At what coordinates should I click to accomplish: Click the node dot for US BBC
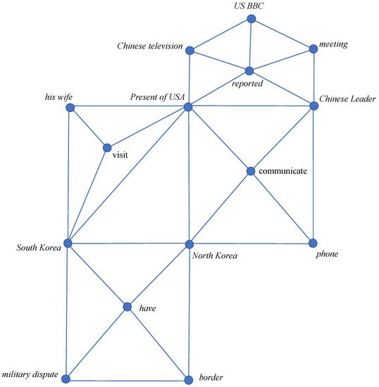(x=251, y=19)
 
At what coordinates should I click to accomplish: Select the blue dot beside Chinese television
(x=189, y=49)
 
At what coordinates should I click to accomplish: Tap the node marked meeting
(x=313, y=49)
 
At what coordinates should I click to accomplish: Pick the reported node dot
(x=249, y=71)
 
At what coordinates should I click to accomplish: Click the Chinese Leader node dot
(x=313, y=106)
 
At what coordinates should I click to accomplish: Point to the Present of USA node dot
(x=188, y=107)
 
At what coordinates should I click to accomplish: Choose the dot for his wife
(x=69, y=108)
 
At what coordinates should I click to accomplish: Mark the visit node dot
(x=107, y=148)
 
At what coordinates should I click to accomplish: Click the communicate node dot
(x=251, y=171)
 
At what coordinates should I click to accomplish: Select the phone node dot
(x=313, y=243)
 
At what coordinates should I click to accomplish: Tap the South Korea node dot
(x=68, y=243)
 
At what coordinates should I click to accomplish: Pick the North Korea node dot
(x=188, y=244)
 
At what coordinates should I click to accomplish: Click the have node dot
(x=127, y=307)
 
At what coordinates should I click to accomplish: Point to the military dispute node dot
(x=66, y=379)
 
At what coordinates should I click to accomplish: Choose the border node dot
(x=188, y=379)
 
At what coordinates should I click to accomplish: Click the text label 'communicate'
(x=282, y=171)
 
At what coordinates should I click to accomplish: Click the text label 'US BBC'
(x=249, y=6)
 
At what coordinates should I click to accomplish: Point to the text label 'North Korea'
(x=214, y=255)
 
